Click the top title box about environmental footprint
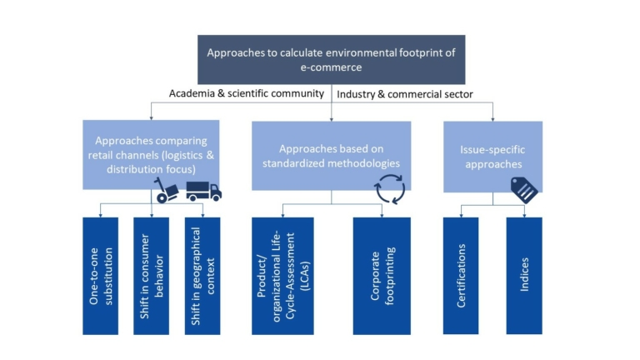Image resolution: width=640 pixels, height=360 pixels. (331, 60)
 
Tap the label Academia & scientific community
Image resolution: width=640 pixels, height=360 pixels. (247, 94)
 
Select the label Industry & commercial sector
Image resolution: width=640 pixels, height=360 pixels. (405, 94)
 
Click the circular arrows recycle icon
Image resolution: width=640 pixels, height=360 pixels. (390, 188)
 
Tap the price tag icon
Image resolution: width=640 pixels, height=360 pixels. (524, 190)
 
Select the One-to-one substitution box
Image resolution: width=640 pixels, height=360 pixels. (100, 275)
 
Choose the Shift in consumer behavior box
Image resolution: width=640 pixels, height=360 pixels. (151, 275)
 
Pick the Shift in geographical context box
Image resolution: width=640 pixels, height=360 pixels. (202, 275)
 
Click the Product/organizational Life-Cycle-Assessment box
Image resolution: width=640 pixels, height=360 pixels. (282, 275)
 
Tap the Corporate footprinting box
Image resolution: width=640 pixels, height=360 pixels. (382, 275)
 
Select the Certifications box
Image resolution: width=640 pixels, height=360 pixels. (461, 275)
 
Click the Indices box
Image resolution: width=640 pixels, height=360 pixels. (524, 275)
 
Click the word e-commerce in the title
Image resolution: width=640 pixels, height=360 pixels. (331, 68)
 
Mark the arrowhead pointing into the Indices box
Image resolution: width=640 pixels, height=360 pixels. (524, 216)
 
